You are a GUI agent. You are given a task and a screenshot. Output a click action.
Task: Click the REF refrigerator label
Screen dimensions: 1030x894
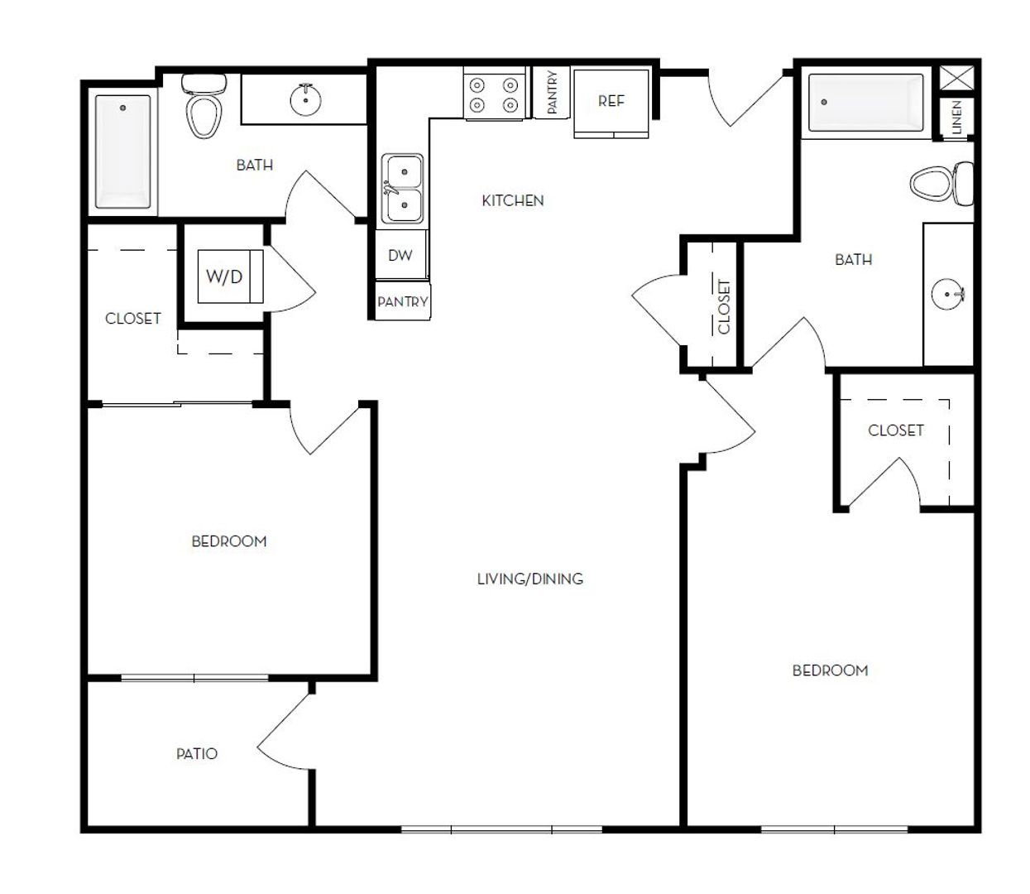click(611, 101)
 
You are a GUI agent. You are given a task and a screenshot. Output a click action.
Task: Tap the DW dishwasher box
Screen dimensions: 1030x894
click(400, 254)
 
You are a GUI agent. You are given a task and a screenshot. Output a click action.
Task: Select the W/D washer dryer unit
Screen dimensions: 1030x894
click(230, 276)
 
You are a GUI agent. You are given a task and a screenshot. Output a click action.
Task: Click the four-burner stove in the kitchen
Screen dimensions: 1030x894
click(494, 94)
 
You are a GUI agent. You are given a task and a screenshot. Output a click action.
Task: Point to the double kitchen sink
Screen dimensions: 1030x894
click(402, 189)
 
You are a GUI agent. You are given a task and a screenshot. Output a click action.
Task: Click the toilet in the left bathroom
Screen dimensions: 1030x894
click(204, 106)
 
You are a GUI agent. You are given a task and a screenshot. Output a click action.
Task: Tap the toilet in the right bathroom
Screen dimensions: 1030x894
click(941, 183)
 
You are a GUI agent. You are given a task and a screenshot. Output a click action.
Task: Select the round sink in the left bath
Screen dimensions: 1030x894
click(305, 99)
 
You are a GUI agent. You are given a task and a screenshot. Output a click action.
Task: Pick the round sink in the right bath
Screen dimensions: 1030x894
click(947, 294)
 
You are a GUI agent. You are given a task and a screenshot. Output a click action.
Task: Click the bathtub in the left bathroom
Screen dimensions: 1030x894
click(122, 151)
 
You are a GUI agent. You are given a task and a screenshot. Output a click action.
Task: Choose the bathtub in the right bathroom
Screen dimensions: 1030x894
click(865, 103)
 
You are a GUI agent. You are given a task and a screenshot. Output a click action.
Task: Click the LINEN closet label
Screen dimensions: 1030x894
click(957, 118)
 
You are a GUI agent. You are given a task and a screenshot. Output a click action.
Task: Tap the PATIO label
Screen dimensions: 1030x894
click(197, 754)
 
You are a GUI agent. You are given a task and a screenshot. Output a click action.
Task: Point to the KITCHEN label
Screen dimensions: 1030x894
click(512, 201)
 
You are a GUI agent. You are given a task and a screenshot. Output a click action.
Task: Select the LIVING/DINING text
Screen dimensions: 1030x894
click(530, 579)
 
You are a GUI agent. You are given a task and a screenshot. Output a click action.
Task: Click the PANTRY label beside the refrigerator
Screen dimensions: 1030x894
click(552, 92)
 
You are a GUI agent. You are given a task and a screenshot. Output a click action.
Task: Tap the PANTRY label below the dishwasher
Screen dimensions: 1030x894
click(403, 301)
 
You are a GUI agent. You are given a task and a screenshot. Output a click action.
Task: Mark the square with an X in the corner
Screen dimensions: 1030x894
click(957, 78)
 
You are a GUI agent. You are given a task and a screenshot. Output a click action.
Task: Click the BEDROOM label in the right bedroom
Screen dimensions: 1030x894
click(830, 670)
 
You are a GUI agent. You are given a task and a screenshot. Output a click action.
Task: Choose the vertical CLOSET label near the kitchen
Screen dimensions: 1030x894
click(724, 307)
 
